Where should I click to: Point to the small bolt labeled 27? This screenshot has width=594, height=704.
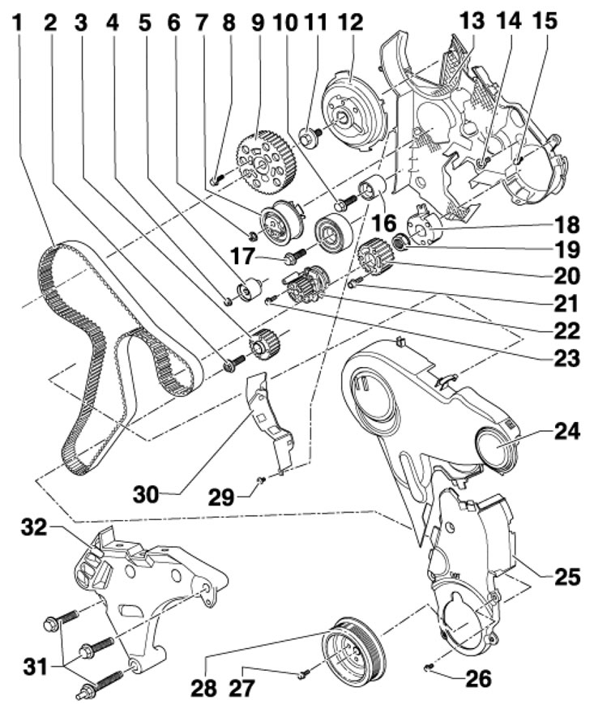click(300, 671)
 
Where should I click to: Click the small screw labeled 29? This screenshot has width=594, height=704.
click(261, 481)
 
